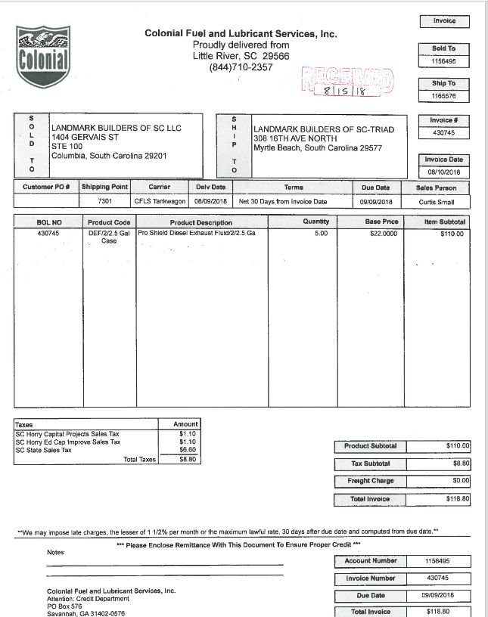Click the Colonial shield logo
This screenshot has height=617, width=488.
pos(43,54)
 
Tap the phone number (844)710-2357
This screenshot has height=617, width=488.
pos(241,67)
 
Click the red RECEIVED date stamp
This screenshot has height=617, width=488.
pos(347,82)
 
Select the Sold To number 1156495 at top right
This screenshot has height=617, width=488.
pos(444,61)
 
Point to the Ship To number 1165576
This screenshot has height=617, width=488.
pos(444,96)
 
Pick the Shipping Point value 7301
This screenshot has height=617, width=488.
pos(104,202)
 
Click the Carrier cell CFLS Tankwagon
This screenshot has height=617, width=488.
pos(160,202)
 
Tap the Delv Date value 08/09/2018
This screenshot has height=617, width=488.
pos(211,202)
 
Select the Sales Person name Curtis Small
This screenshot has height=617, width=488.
pos(437,202)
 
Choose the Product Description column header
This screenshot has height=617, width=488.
pos(201,222)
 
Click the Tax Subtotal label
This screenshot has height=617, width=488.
pos(371,463)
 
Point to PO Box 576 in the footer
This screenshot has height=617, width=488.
pos(64,606)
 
